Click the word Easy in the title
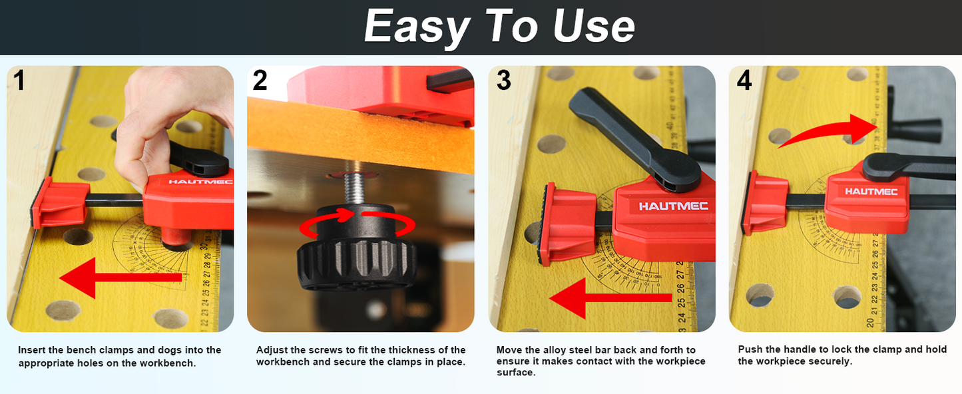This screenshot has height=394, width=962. coord(416,27)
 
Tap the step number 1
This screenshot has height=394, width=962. coord(19,81)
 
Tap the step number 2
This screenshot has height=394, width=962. coord(260,81)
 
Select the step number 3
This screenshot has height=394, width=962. coord(503,81)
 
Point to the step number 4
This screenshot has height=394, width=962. coord(744,81)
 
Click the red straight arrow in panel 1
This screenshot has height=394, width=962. coord(120,280)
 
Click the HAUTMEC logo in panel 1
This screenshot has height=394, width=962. coord(192,181)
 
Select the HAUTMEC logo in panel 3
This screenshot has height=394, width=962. coord(673,206)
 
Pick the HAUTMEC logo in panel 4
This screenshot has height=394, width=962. coord(871,192)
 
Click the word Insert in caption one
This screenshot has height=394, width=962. coord(31,350)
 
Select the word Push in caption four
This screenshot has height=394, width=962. coord(750,349)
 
